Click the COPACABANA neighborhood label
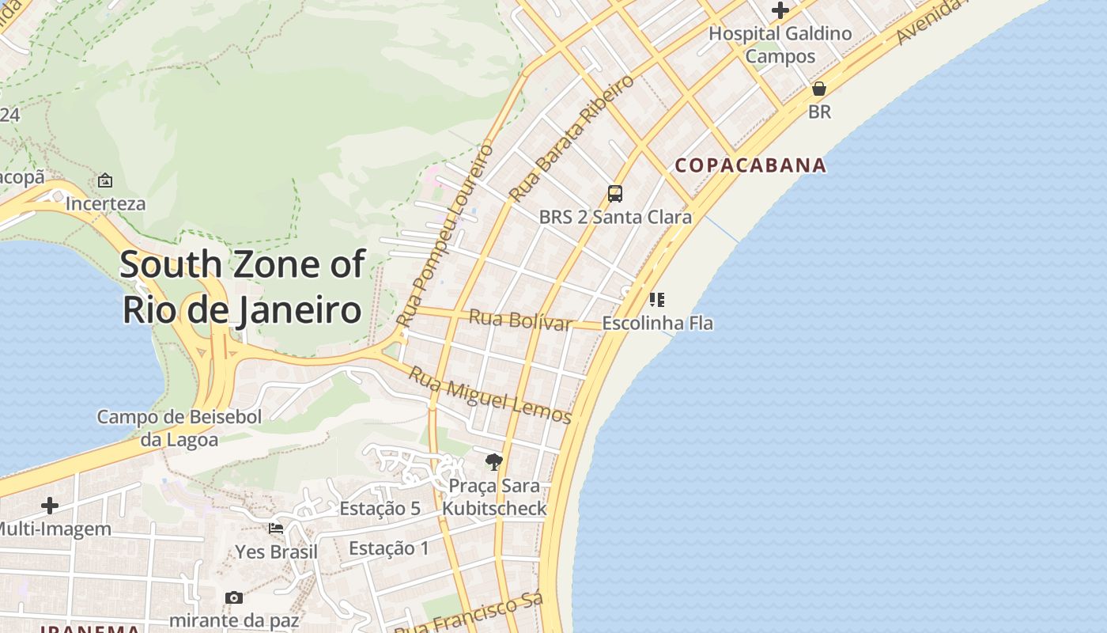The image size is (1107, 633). pos(750,165)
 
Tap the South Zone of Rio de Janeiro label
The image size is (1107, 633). pos(242,286)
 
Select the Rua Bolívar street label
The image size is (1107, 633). pos(519,320)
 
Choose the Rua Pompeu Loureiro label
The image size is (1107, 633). pos(445,236)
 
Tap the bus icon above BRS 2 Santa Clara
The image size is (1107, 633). pos(614,194)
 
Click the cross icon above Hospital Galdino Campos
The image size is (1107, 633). pos(780,10)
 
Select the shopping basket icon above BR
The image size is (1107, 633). pos(819,89)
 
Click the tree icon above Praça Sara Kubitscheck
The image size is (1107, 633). pos(493,462)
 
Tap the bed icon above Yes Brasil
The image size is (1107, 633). pos(276,529)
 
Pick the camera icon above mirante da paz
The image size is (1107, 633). pos(233,597)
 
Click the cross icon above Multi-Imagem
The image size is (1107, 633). pos(50,505)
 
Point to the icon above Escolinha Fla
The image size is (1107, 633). pos(656,300)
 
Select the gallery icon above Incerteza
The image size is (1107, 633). pos(105,180)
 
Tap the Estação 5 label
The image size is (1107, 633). pos(380,509)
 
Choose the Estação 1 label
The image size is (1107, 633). pos(388,548)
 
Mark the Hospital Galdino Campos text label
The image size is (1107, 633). pos(780,44)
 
